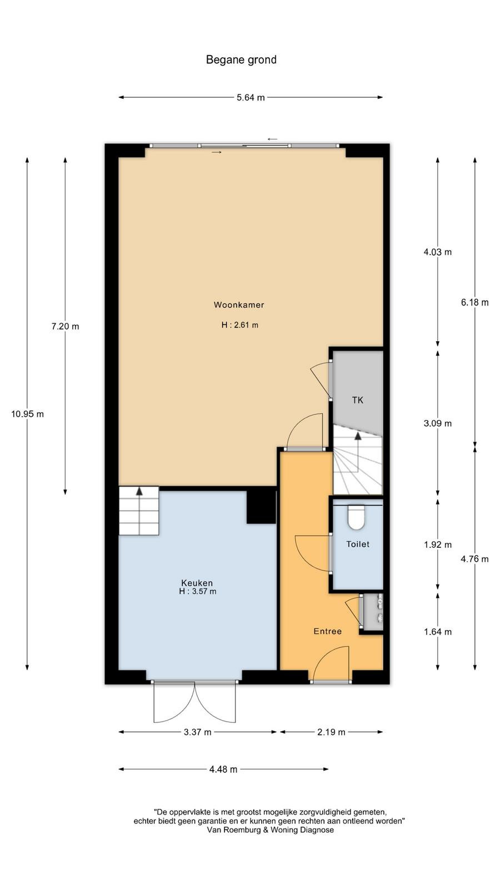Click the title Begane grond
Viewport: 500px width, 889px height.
click(241, 60)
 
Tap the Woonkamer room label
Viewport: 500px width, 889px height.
click(239, 305)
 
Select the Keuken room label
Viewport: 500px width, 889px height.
click(197, 583)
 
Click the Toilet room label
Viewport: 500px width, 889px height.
click(358, 544)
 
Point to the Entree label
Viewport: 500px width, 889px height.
click(327, 631)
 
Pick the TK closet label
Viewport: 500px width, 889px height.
click(358, 400)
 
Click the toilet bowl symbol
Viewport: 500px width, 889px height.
click(356, 517)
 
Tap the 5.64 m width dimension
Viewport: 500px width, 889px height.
click(251, 97)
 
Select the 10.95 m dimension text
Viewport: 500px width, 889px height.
click(27, 414)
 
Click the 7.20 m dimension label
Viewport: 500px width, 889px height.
click(65, 326)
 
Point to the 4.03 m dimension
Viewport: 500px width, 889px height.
click(438, 252)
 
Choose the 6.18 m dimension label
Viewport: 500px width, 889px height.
click(474, 302)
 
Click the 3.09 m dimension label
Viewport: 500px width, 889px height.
click(438, 423)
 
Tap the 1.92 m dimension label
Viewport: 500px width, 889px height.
click(438, 545)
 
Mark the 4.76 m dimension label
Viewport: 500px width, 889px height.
click(474, 559)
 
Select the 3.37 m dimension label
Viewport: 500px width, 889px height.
click(197, 732)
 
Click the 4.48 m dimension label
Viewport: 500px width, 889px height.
click(223, 770)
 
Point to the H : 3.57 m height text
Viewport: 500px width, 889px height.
click(198, 591)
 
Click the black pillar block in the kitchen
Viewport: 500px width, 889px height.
click(261, 506)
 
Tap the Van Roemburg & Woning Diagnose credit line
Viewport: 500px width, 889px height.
click(270, 830)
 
